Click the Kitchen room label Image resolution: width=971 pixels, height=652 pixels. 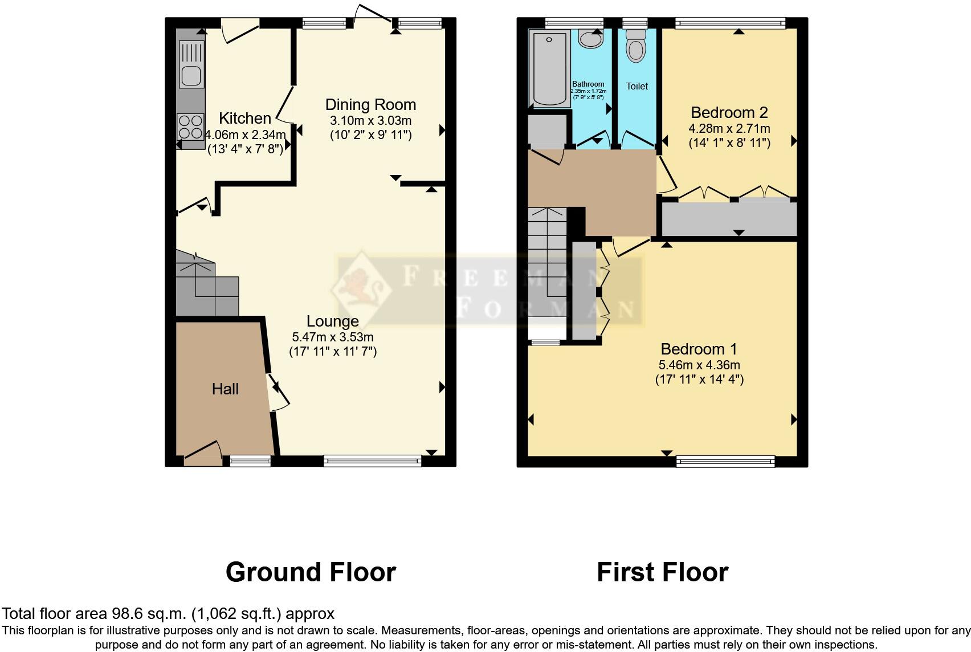click(x=245, y=119)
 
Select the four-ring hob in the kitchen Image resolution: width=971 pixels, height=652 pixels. click(x=191, y=127)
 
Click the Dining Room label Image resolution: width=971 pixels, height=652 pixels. click(x=370, y=105)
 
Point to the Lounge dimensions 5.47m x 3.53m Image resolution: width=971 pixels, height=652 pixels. click(x=333, y=337)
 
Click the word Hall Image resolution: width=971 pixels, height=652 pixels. click(x=225, y=389)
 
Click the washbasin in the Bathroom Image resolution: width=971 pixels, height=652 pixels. click(x=589, y=39)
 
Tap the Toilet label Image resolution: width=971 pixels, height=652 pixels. click(x=637, y=87)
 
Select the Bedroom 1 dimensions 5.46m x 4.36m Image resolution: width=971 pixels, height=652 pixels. click(x=699, y=365)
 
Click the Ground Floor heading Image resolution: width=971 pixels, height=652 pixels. click(x=311, y=572)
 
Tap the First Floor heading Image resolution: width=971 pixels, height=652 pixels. click(x=662, y=572)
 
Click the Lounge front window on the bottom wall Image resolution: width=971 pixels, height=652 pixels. click(x=372, y=461)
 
